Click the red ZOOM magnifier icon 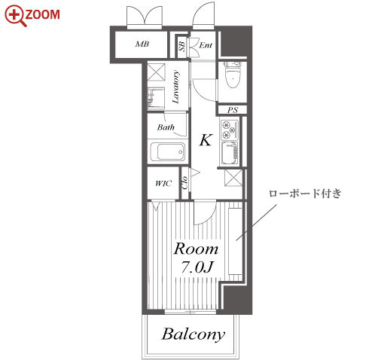click(15, 16)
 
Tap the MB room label click(142, 44)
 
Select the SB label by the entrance click(182, 46)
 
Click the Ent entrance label click(206, 45)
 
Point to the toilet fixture click(232, 75)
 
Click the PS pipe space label click(233, 110)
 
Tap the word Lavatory click(176, 87)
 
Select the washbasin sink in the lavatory click(156, 99)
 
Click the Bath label click(166, 127)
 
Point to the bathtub click(167, 152)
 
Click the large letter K click(206, 140)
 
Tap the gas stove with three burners click(230, 130)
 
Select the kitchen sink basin click(229, 153)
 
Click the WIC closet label click(163, 184)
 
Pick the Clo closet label click(184, 182)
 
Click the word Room click(197, 249)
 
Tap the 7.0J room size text click(197, 267)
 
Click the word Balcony click(194, 334)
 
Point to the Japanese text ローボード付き click(305, 194)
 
